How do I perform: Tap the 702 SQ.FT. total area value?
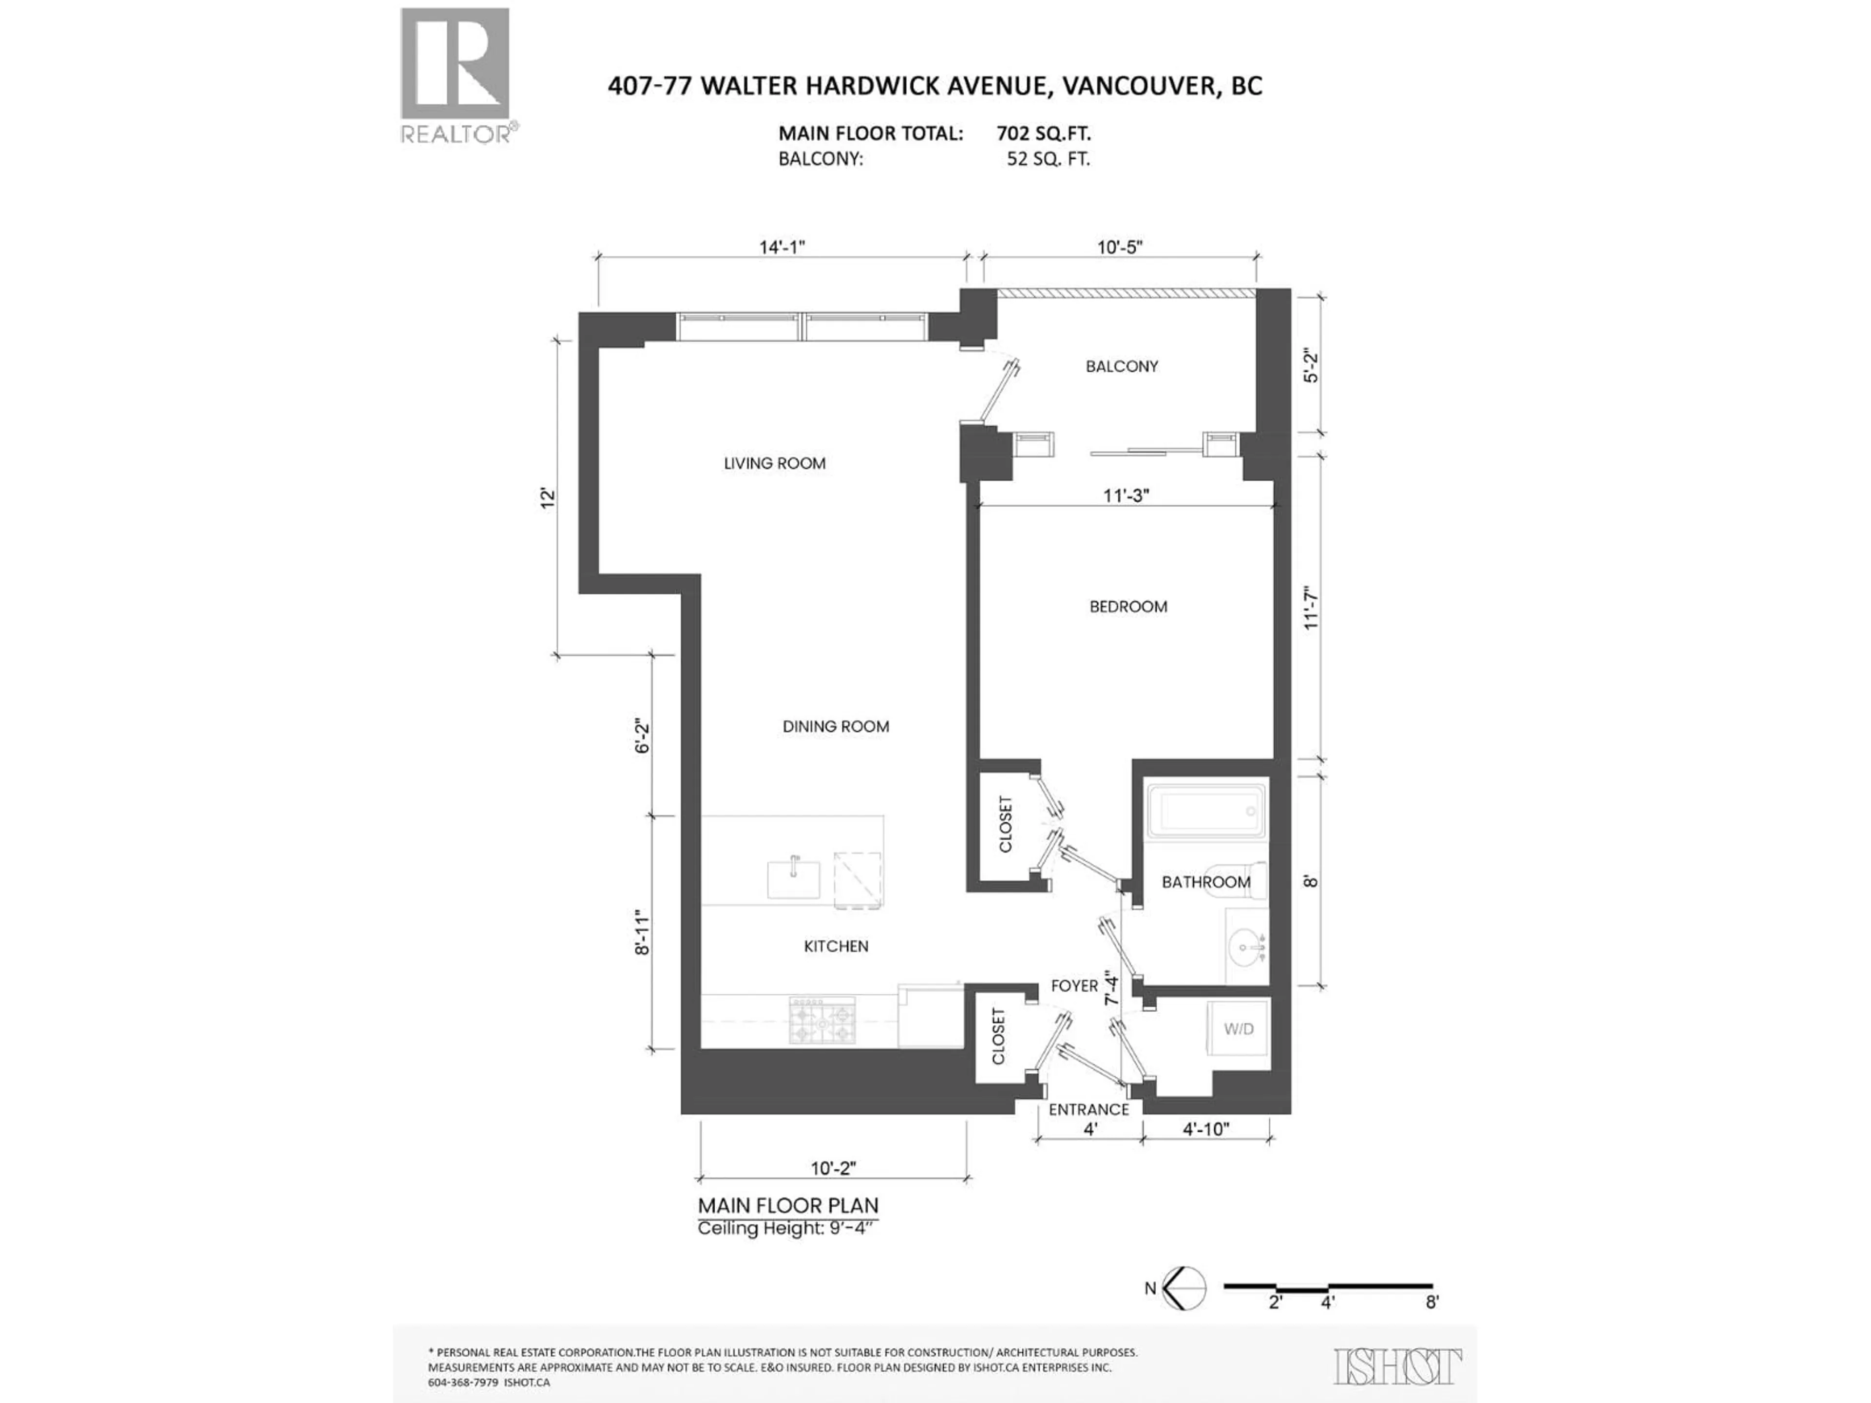(x=1043, y=133)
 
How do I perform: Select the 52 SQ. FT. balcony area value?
(x=1048, y=159)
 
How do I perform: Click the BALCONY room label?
(x=1122, y=366)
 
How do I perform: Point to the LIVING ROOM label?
(x=774, y=463)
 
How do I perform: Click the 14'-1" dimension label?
(x=782, y=247)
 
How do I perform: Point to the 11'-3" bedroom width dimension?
(x=1126, y=495)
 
